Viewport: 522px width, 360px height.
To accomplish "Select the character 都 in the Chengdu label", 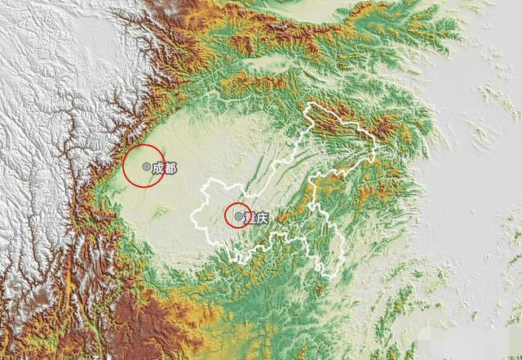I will pos(169,167).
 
